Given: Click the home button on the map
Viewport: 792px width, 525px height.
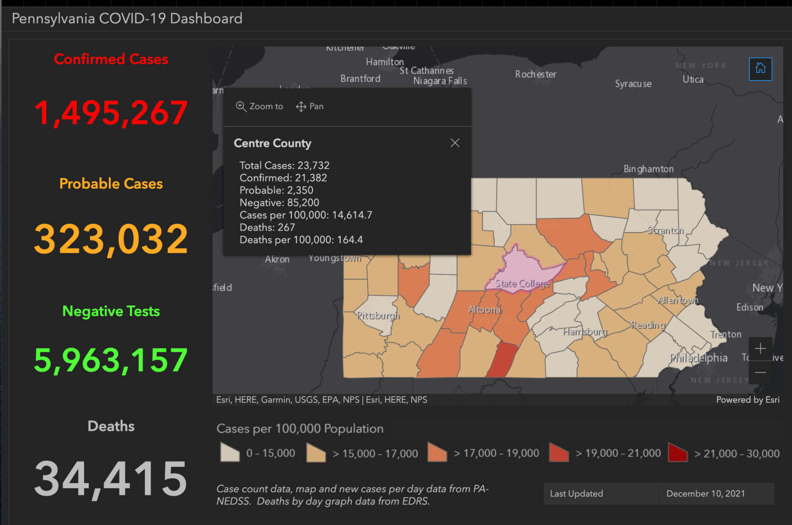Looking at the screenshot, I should (760, 69).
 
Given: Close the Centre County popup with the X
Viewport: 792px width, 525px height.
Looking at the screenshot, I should (455, 143).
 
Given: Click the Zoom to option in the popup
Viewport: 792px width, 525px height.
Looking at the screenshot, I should (259, 106).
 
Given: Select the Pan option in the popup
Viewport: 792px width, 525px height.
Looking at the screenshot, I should (310, 106).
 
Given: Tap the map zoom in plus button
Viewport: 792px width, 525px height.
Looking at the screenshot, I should (760, 349).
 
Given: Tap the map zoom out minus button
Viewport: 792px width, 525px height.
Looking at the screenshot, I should (760, 372).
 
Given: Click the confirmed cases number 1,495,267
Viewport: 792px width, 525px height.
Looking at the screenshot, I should (111, 113).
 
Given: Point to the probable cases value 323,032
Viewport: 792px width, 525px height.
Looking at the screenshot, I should (111, 239).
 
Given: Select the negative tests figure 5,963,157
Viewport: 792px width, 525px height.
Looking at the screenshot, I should (111, 360).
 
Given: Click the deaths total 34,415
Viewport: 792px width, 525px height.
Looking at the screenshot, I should (111, 479).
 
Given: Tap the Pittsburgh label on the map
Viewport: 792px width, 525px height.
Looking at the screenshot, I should (379, 315).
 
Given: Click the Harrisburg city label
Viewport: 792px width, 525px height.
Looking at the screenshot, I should (585, 332).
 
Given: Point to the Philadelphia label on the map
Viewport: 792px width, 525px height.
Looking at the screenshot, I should (699, 358).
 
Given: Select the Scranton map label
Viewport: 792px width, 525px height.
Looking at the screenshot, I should (666, 230).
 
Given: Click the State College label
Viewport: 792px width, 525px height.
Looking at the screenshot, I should (523, 283).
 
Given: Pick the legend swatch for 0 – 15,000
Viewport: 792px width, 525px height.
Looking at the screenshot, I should (230, 453).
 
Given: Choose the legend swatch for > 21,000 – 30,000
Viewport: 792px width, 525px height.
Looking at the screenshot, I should (678, 453).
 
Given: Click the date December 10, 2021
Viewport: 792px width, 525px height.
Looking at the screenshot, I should (706, 493).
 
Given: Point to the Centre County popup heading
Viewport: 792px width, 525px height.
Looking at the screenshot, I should (273, 143).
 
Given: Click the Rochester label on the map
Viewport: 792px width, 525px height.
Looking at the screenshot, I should (535, 74).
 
